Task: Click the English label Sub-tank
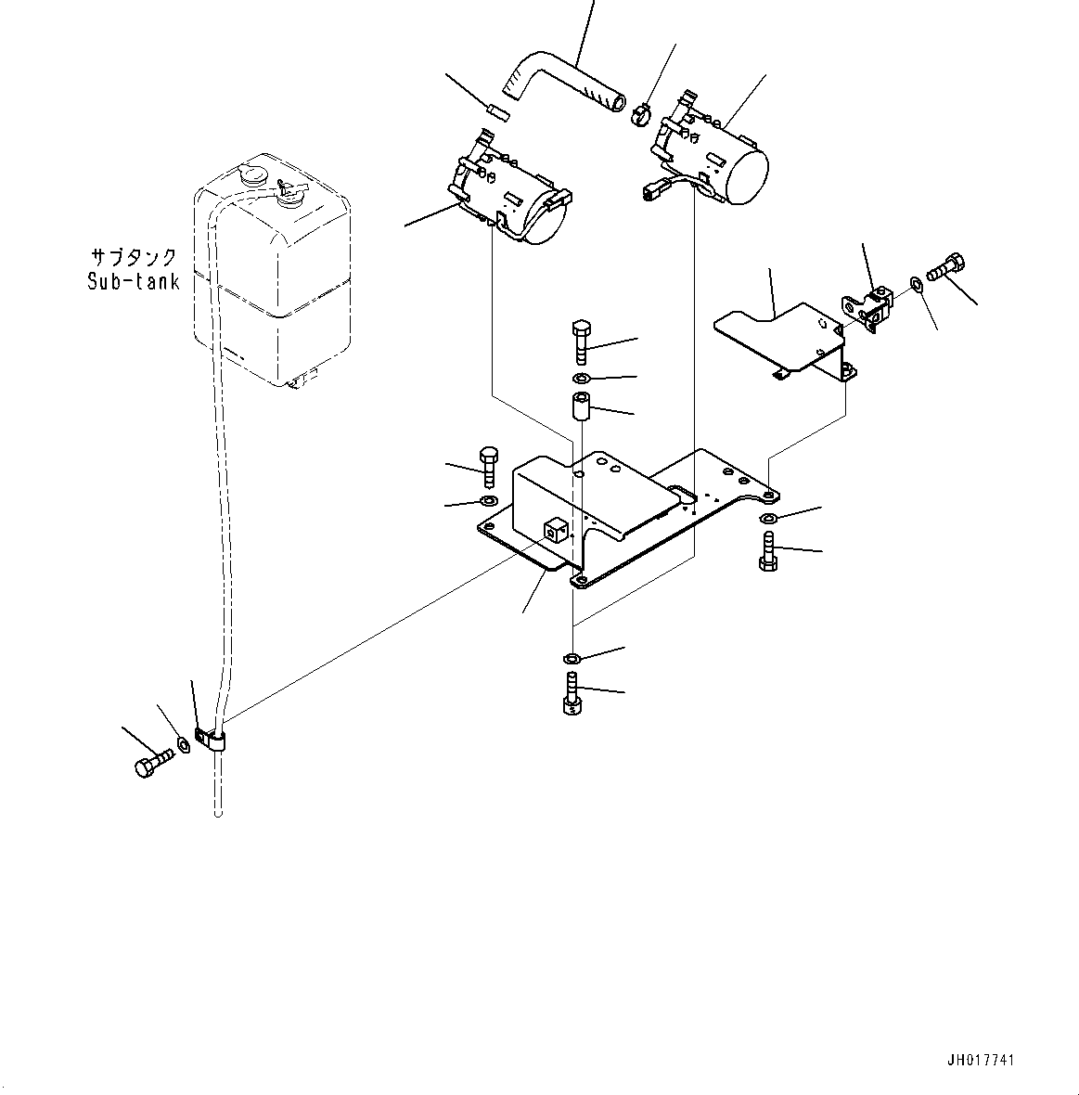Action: point(134,281)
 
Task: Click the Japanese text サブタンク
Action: point(134,257)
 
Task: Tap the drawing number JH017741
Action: point(986,1061)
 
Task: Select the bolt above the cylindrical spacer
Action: point(579,341)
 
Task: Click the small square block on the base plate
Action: point(555,531)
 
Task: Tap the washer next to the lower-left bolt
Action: point(184,745)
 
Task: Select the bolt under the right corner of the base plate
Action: point(768,551)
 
